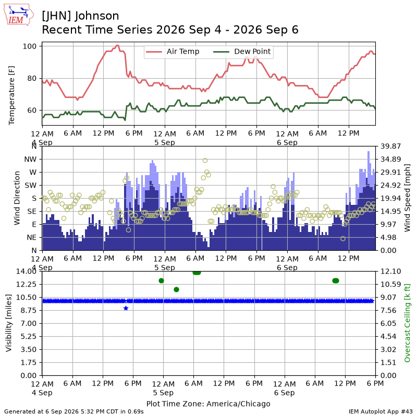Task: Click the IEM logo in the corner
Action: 19,15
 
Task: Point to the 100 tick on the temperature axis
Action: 29,46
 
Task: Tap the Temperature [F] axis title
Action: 11,95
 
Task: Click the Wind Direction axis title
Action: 17,198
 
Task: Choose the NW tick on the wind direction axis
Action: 30,160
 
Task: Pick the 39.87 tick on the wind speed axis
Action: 390,146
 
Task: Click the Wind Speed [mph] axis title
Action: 407,198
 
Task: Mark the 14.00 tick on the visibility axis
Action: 26,271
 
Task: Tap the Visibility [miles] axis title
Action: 9,323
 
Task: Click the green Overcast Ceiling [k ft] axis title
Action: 407,323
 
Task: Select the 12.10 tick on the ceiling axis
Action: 390,271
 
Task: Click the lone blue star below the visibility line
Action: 126,308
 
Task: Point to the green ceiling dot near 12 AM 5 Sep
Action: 161,281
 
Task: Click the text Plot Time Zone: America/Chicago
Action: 208,403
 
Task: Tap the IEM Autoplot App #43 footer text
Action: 381,412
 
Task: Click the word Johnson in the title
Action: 96,16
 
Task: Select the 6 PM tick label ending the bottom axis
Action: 375,384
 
